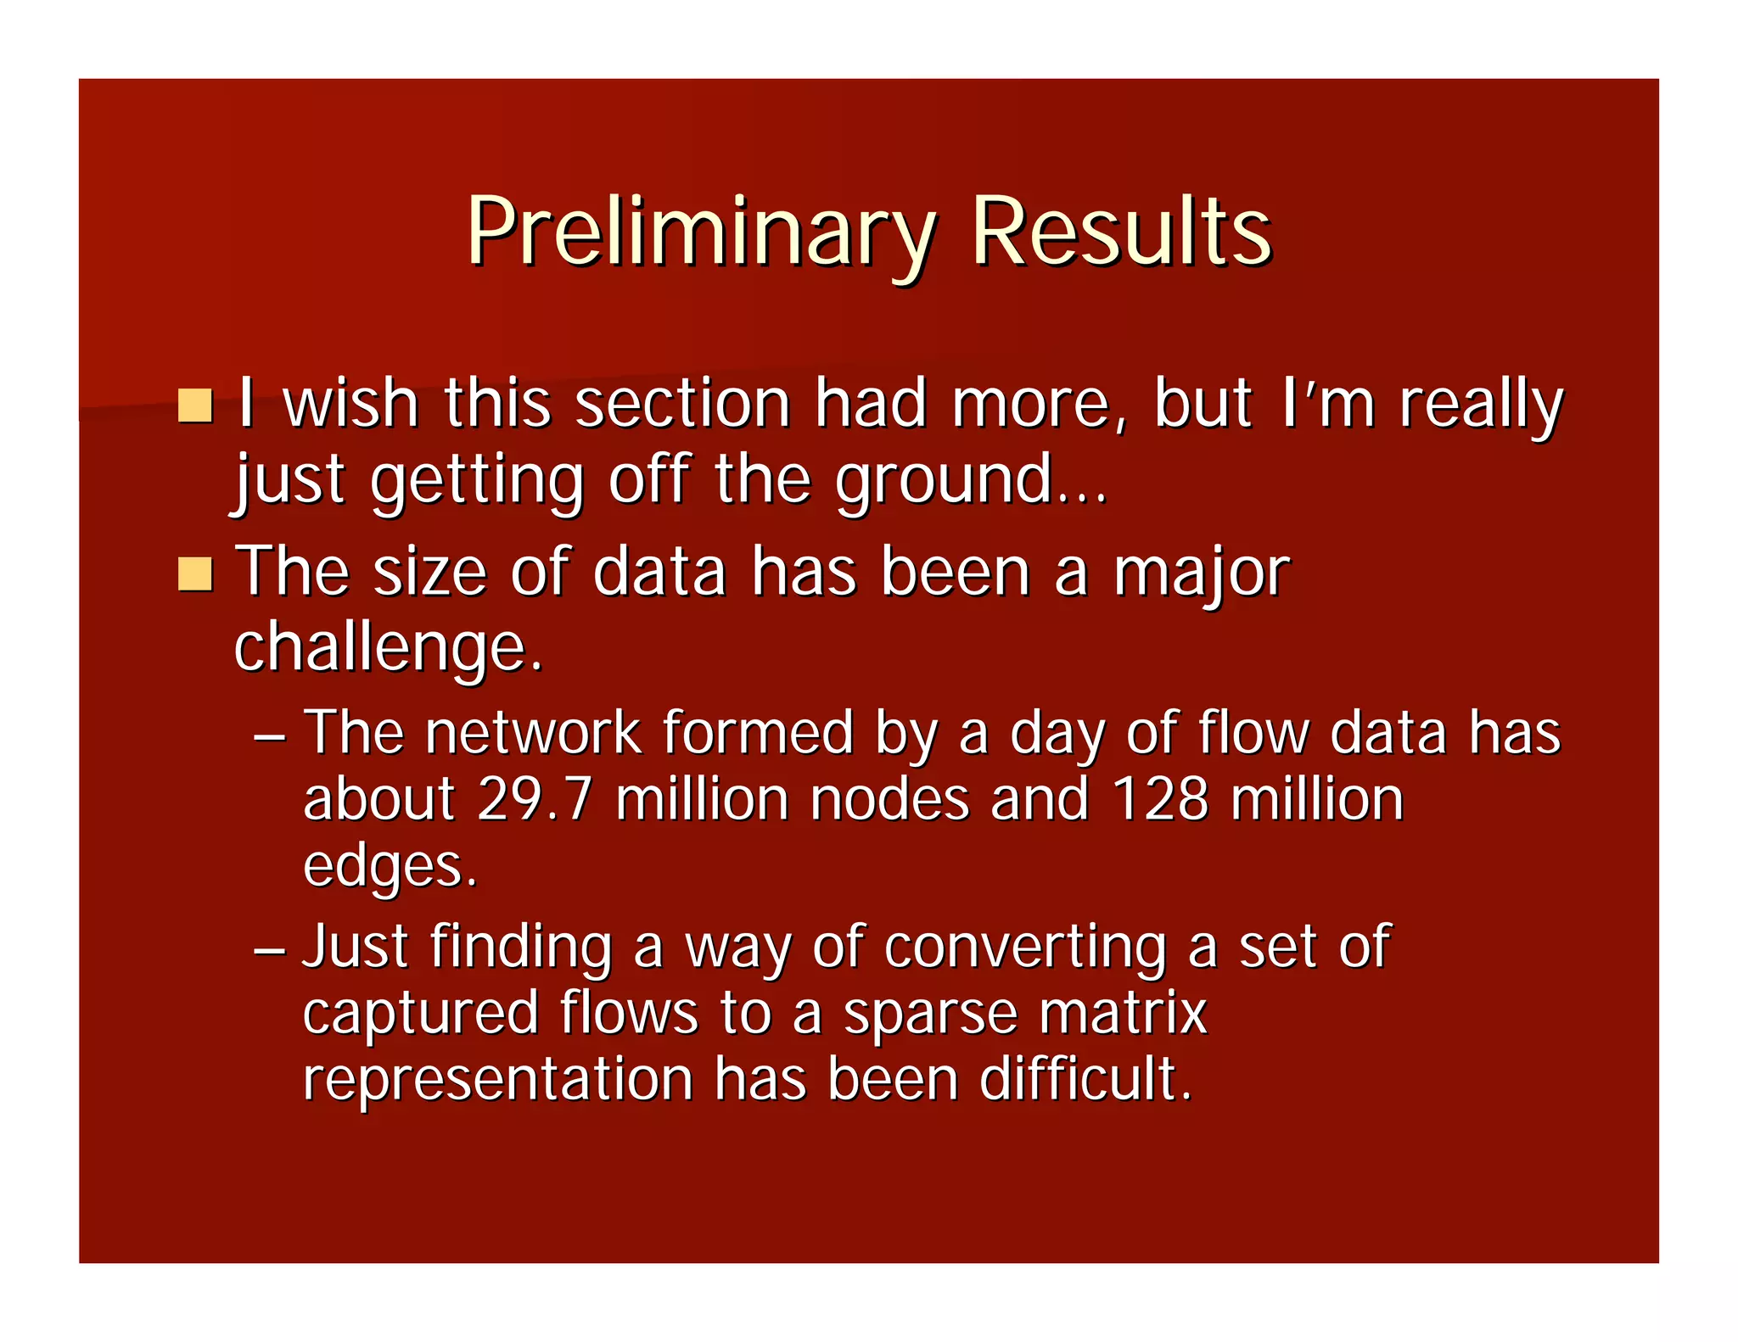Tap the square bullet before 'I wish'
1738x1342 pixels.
click(x=195, y=405)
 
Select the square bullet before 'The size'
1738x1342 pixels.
click(x=195, y=574)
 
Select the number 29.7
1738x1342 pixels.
click(x=535, y=799)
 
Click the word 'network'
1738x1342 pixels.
click(x=533, y=732)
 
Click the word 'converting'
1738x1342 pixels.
click(x=1025, y=947)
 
